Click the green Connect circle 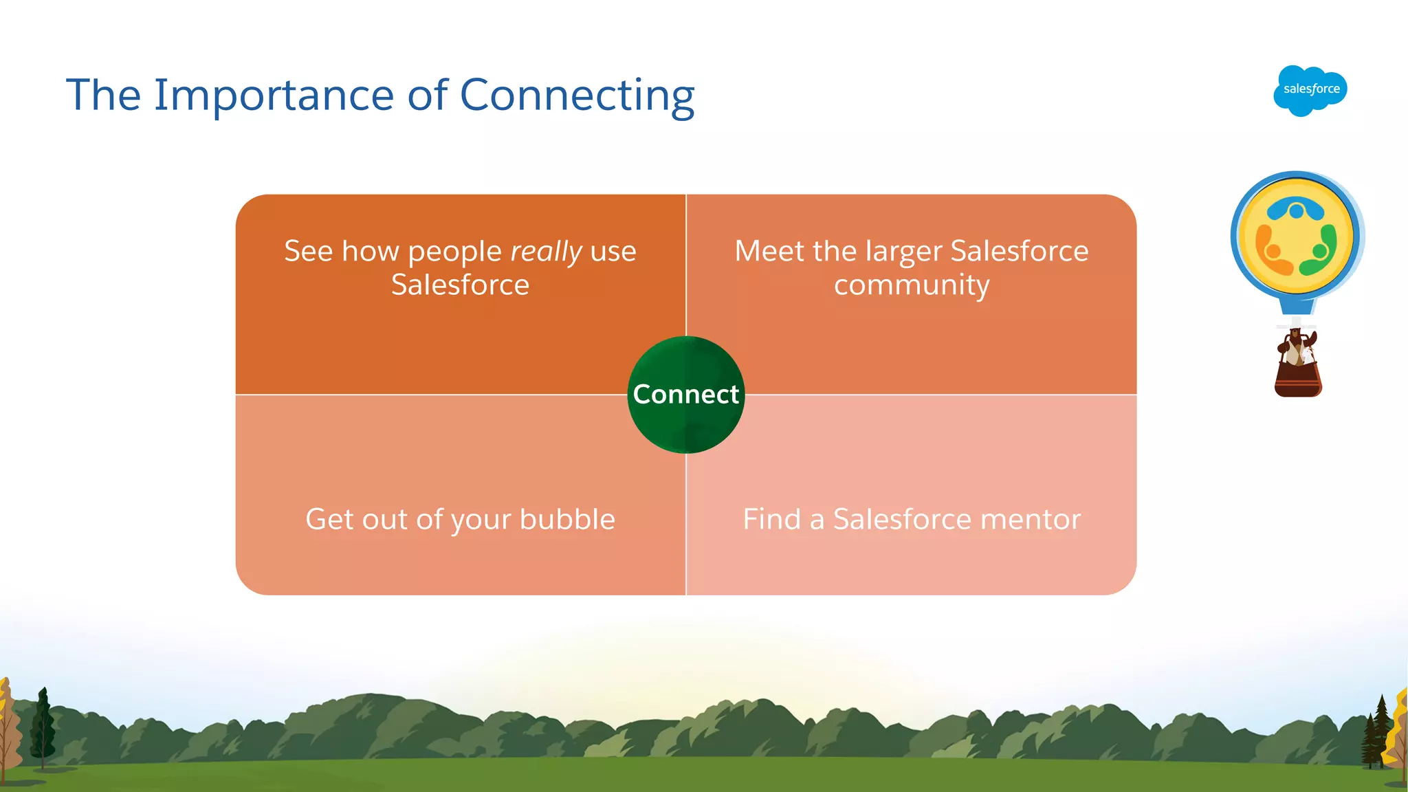[x=685, y=395]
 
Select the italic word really [x=546, y=252]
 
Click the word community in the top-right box [x=912, y=285]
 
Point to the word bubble [x=567, y=519]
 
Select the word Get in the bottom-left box [x=329, y=519]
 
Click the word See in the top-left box [x=308, y=251]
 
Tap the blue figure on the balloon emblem [x=1296, y=208]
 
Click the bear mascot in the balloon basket [x=1295, y=347]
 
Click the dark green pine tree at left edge [x=43, y=725]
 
